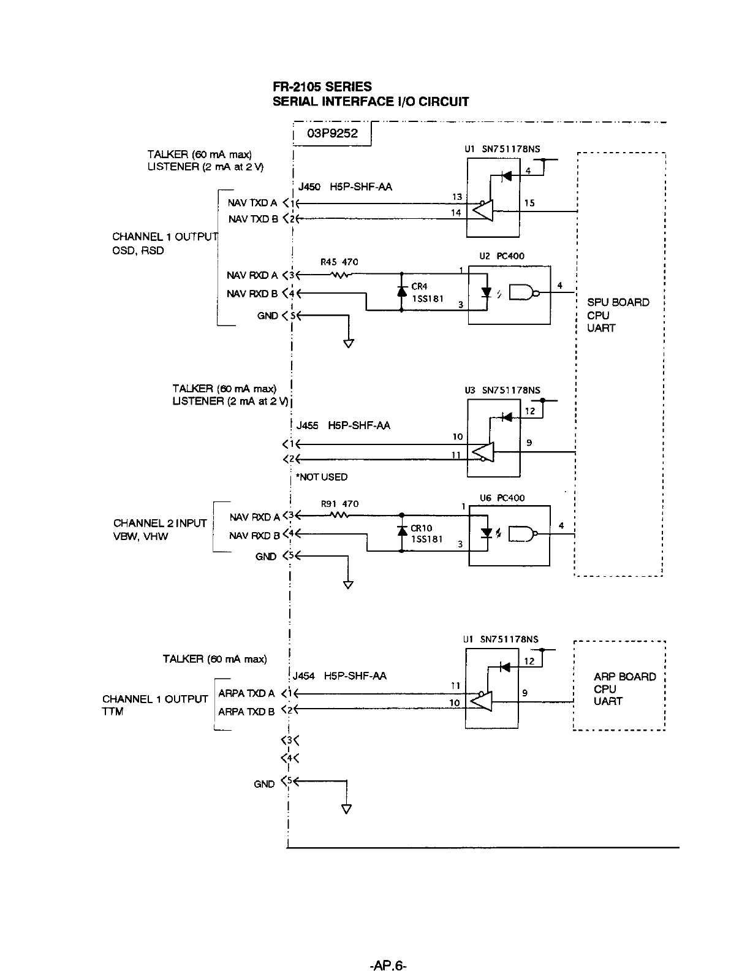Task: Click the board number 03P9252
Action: click(333, 134)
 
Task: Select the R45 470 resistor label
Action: click(339, 262)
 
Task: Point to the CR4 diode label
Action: click(419, 286)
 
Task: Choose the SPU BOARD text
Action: click(618, 302)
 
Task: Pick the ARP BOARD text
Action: click(624, 677)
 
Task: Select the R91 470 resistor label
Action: click(339, 504)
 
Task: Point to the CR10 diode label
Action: click(422, 528)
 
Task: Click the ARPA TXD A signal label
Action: click(246, 693)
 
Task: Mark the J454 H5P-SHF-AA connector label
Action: click(339, 676)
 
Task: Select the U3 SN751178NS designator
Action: click(502, 390)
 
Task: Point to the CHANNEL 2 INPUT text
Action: click(160, 523)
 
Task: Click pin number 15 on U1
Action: click(529, 203)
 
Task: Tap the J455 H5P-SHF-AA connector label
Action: click(343, 425)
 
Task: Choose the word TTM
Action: click(113, 712)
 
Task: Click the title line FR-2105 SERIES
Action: click(322, 87)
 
